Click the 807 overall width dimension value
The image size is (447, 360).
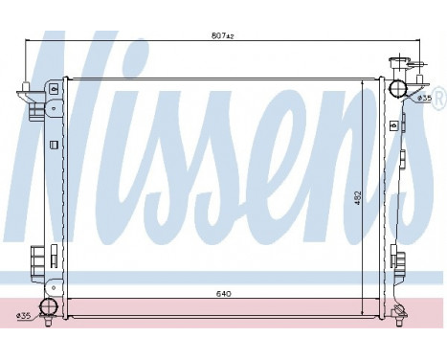pos(222,35)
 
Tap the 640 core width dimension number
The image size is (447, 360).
pos(222,294)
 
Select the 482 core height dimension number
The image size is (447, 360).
pos(357,195)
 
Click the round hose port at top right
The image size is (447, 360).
pos(398,89)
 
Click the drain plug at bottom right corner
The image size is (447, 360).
pos(399,312)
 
